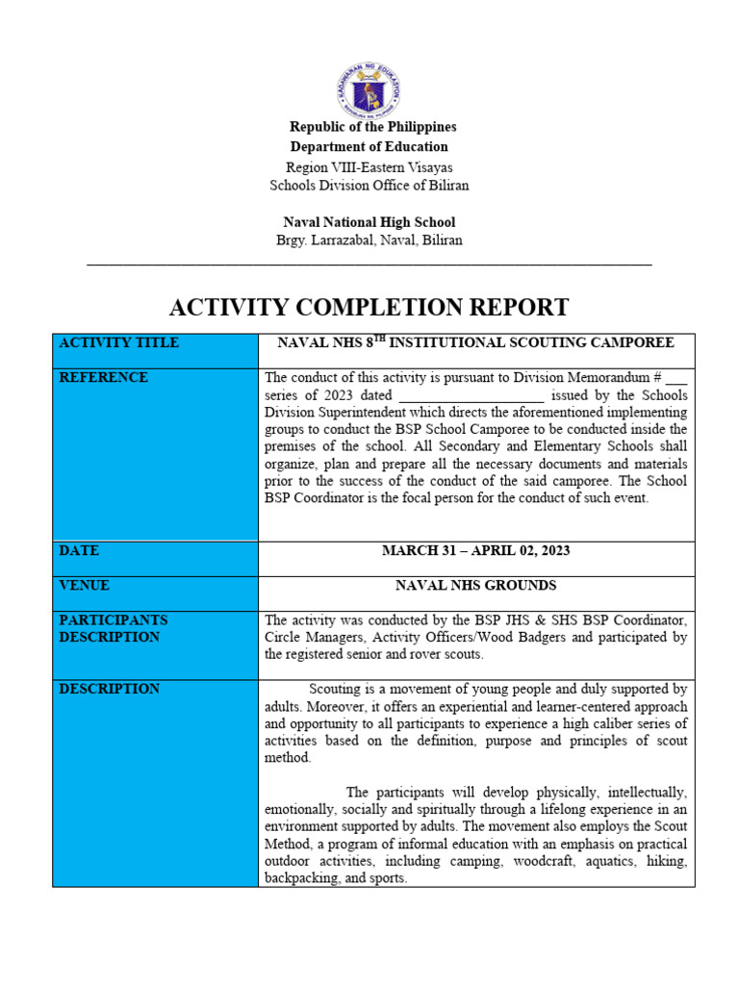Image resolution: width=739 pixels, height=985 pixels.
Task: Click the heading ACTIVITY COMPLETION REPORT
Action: [x=369, y=308]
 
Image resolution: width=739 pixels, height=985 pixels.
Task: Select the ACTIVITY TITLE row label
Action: [x=118, y=343]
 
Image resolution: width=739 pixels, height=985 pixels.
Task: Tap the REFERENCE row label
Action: [x=103, y=378]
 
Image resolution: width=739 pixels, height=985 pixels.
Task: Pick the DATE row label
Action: [x=79, y=551]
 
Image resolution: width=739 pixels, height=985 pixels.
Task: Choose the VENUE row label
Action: [x=85, y=586]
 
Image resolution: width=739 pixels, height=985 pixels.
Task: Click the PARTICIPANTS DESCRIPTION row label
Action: [x=114, y=629]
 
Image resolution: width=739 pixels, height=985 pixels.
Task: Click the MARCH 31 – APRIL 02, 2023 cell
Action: [x=475, y=551]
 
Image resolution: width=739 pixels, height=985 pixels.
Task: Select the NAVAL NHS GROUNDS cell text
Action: [x=475, y=586]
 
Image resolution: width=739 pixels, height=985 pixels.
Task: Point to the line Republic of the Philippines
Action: [x=373, y=127]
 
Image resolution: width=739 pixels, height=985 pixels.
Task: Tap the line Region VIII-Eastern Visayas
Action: [x=369, y=167]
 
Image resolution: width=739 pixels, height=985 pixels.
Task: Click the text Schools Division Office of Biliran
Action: [x=369, y=186]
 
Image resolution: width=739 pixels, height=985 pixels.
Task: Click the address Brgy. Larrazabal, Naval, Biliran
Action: [x=369, y=240]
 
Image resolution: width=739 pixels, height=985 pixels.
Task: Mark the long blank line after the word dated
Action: [x=471, y=396]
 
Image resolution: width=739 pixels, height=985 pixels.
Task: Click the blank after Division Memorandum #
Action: [x=676, y=379]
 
